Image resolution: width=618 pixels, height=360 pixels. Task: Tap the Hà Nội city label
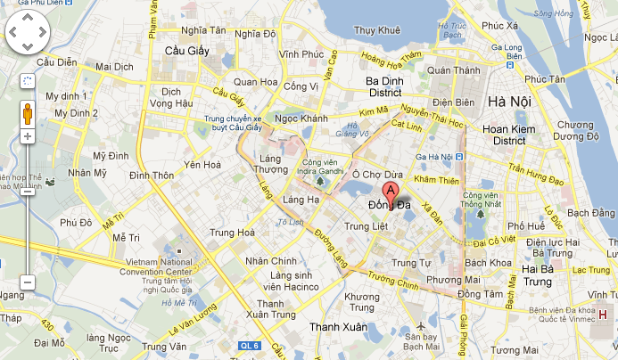510,102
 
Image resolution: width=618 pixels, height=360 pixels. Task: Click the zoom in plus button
28,136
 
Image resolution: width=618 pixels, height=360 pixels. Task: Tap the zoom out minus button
28,282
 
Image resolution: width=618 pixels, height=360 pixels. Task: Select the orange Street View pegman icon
28,113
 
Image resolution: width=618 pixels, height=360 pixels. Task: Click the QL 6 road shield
251,345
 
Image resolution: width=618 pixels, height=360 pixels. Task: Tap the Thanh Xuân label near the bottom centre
338,327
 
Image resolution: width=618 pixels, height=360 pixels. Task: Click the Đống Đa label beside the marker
390,207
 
